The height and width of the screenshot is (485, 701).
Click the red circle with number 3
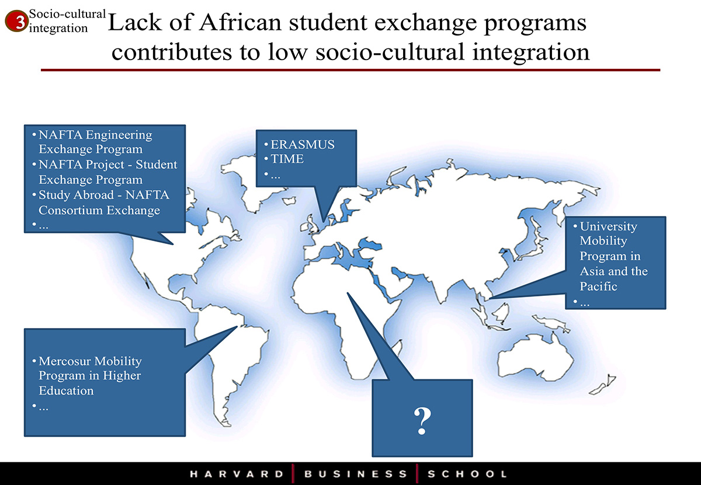point(16,21)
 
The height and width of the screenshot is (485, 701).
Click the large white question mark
point(422,421)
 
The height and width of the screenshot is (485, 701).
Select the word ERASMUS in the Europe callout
point(303,145)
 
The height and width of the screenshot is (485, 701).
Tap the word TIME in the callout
point(287,159)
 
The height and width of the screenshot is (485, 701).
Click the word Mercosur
point(66,361)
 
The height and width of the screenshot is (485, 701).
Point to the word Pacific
point(598,286)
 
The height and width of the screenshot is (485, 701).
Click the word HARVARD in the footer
point(237,474)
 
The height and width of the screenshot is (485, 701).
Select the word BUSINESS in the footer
point(356,474)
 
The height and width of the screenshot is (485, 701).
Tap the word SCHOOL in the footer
point(467,474)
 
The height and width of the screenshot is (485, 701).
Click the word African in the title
point(240,23)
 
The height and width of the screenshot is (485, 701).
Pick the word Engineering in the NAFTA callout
point(119,135)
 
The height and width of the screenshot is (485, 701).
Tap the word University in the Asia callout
point(608,226)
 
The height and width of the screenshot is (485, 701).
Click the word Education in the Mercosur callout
point(66,391)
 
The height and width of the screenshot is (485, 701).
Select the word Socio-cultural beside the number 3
point(67,14)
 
